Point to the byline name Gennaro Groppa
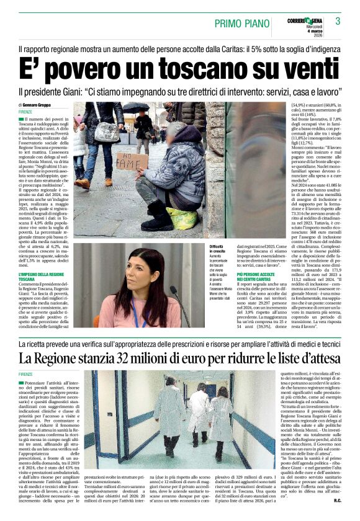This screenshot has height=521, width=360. point(42,106)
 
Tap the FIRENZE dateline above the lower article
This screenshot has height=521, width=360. point(25,374)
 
